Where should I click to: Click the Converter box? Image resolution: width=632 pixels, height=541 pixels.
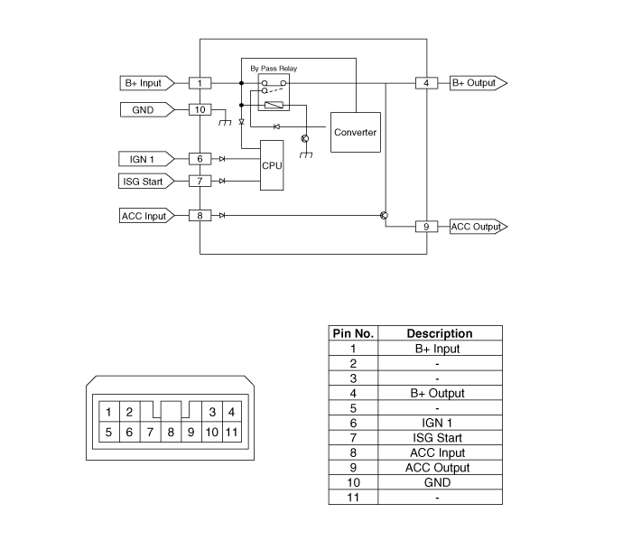[x=355, y=133]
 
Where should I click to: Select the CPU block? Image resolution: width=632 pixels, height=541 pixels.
[x=272, y=166]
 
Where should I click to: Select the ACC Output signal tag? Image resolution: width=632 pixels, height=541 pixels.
[x=477, y=227]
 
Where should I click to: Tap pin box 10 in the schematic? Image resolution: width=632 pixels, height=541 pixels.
[x=200, y=110]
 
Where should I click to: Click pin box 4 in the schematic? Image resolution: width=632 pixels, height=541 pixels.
[x=426, y=83]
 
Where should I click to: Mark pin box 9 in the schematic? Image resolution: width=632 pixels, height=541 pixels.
[x=426, y=227]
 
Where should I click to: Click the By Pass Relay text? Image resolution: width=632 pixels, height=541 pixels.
[x=274, y=69]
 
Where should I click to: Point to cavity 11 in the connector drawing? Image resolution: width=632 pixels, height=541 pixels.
[x=232, y=432]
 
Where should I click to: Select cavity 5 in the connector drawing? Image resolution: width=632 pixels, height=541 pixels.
[x=108, y=432]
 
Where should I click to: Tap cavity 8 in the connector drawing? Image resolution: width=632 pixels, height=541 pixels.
[x=170, y=432]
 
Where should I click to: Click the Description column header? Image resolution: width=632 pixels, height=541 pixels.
[x=439, y=333]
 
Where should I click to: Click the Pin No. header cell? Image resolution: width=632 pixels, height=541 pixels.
[x=353, y=333]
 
